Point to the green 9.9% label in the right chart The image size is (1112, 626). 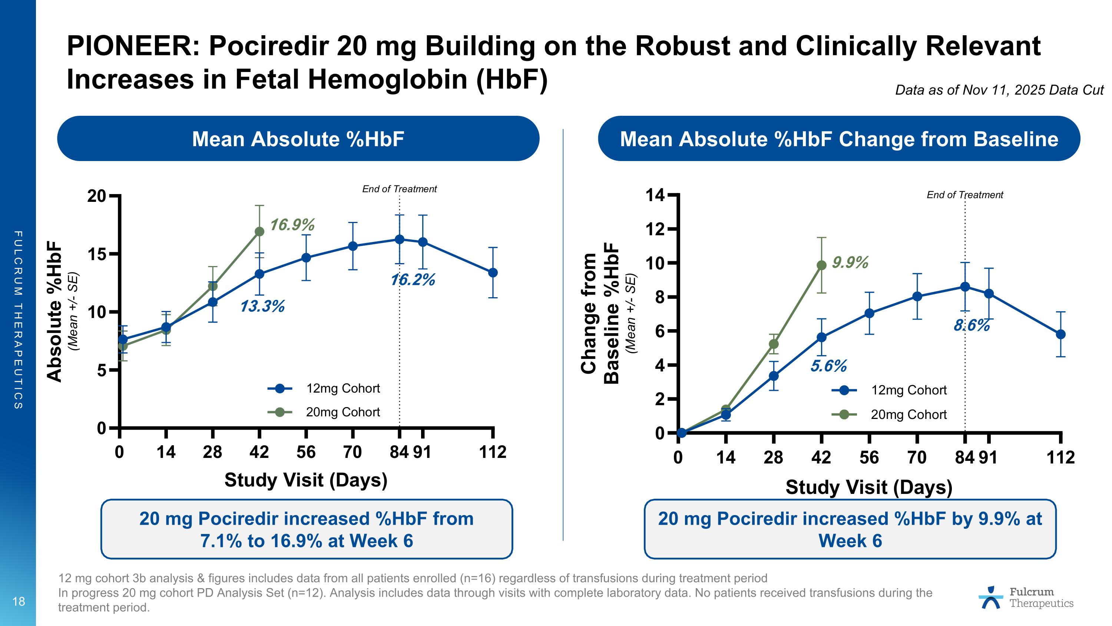(850, 263)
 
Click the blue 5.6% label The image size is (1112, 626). (828, 366)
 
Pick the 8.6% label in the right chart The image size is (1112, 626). (972, 325)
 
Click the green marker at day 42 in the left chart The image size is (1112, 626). (259, 232)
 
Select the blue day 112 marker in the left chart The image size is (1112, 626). (493, 273)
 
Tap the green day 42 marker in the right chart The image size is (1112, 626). (821, 265)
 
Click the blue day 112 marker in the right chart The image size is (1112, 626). (1060, 334)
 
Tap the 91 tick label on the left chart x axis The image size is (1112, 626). (422, 452)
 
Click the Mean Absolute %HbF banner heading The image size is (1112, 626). (298, 139)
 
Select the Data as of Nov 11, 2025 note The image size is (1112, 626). (999, 90)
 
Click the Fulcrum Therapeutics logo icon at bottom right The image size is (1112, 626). (991, 598)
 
